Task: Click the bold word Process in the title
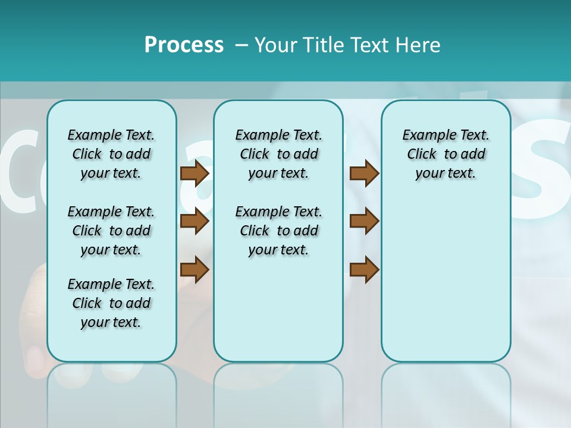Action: [x=184, y=45]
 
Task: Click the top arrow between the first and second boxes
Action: [x=194, y=173]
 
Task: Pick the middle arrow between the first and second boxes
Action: [x=194, y=222]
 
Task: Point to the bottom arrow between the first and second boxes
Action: [x=194, y=270]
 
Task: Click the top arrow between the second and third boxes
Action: [x=364, y=173]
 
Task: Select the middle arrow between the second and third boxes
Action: [x=364, y=221]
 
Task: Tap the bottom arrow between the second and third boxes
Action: [x=364, y=270]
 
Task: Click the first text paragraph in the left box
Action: [x=111, y=154]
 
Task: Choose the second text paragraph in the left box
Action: [x=111, y=231]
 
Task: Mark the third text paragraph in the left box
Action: [x=111, y=303]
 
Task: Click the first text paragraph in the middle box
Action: [x=278, y=154]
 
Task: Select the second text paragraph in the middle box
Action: [x=278, y=231]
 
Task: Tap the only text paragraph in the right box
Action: [x=445, y=154]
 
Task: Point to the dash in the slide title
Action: [x=241, y=45]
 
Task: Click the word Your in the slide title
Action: [x=275, y=45]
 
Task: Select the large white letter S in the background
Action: [x=544, y=160]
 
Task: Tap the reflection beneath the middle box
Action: [x=278, y=386]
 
